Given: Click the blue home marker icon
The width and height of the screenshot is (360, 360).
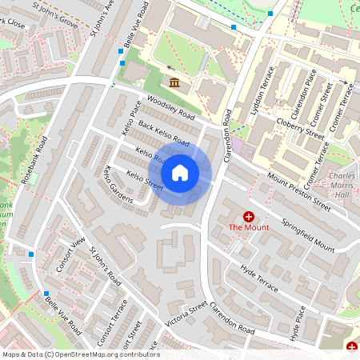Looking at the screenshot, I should pyautogui.click(x=180, y=172).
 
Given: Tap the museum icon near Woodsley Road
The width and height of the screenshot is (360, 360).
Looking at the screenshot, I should pyautogui.click(x=174, y=82).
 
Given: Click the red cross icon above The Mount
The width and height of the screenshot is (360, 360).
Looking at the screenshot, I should pyautogui.click(x=249, y=216).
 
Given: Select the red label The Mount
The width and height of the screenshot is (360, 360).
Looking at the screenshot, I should pyautogui.click(x=249, y=227).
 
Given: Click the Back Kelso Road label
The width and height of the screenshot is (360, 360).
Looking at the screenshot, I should pyautogui.click(x=163, y=134).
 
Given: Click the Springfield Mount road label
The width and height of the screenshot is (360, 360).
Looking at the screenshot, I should pyautogui.click(x=306, y=232).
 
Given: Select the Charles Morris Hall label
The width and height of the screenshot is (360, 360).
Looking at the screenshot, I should pyautogui.click(x=342, y=186).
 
